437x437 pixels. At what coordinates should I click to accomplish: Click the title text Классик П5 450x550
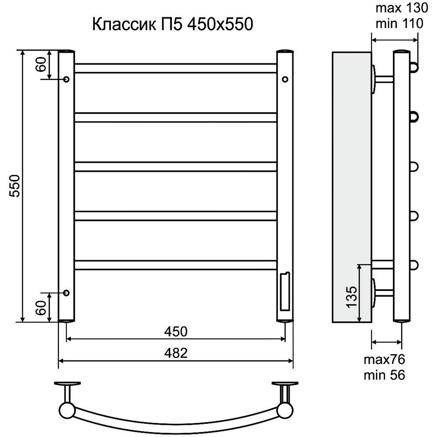(x=173, y=24)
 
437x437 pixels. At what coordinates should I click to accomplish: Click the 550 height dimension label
(x=14, y=186)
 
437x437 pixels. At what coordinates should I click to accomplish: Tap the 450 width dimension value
(x=176, y=332)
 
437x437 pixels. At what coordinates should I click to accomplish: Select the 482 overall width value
(x=176, y=353)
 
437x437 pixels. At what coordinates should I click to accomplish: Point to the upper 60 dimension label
(x=41, y=64)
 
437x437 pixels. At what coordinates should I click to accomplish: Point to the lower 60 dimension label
(x=41, y=308)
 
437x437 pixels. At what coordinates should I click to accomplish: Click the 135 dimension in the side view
(x=352, y=297)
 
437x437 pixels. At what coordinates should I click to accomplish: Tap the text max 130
(x=402, y=8)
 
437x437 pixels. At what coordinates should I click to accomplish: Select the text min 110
(x=399, y=24)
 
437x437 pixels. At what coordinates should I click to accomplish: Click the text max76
(x=384, y=360)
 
